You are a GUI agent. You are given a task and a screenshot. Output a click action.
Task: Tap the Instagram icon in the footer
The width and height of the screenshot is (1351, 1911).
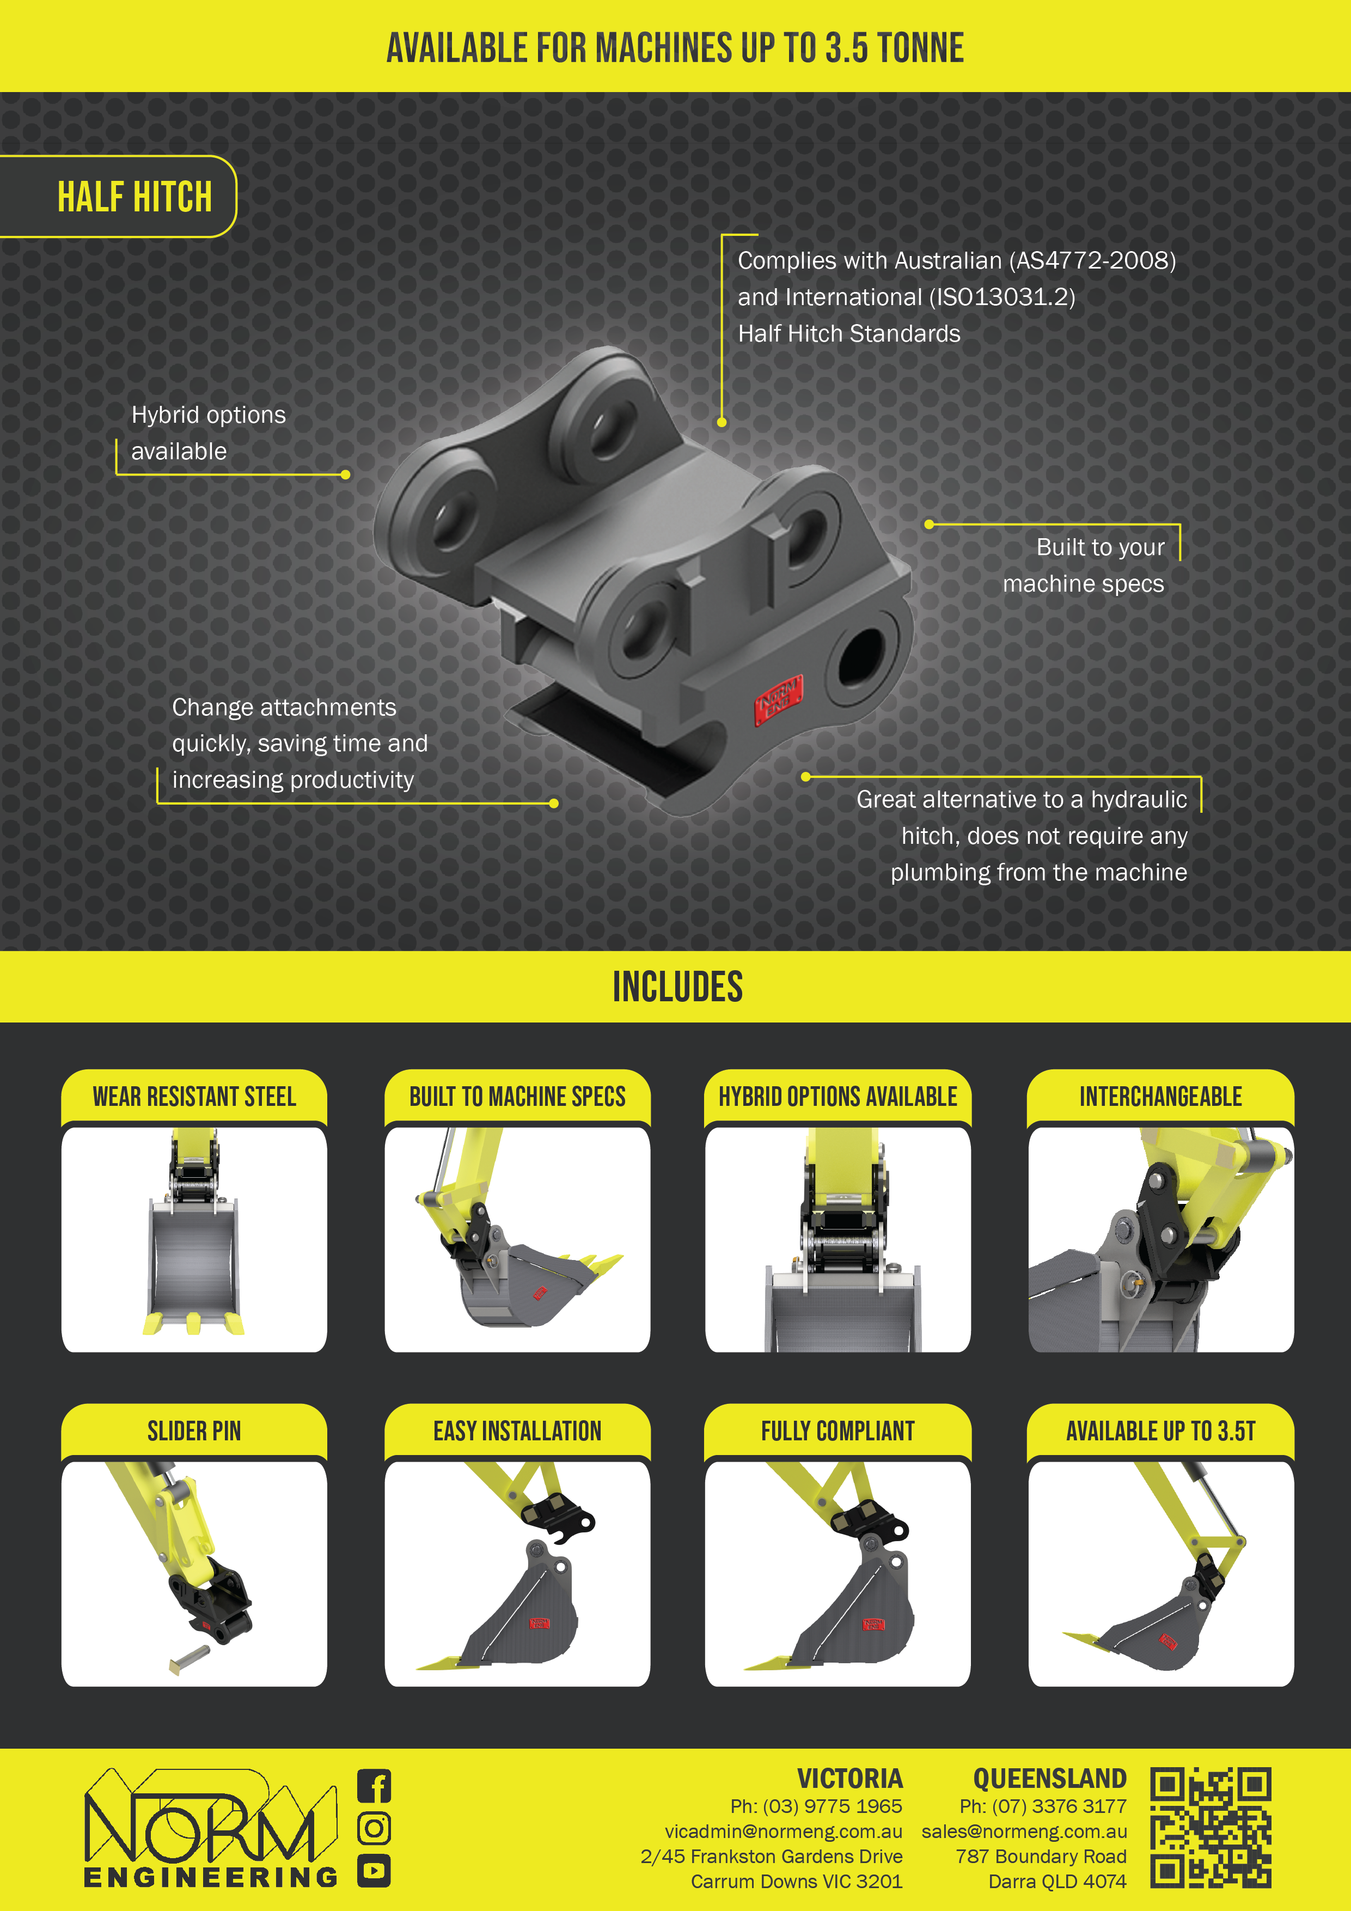(374, 1829)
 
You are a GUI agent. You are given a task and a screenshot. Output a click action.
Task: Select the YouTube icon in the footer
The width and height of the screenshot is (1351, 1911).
(374, 1871)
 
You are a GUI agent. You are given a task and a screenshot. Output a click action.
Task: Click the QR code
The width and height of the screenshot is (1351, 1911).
(1211, 1828)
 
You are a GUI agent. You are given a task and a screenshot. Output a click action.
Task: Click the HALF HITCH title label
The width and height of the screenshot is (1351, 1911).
(135, 197)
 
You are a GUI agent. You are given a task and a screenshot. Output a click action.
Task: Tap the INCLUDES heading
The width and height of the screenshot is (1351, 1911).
(677, 987)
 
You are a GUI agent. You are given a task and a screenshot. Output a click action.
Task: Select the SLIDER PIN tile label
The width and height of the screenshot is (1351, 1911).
(194, 1432)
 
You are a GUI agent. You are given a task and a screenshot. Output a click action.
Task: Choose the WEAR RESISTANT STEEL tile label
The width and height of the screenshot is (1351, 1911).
(194, 1097)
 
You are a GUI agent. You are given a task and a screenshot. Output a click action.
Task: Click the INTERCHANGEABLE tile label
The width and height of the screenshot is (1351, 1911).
(1160, 1097)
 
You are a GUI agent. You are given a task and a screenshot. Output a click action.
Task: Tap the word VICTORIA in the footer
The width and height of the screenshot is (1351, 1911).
(849, 1779)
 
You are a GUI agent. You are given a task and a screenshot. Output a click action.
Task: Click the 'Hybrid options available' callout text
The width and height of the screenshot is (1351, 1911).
(208, 433)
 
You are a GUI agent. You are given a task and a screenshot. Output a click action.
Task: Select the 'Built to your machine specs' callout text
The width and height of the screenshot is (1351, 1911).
(1083, 565)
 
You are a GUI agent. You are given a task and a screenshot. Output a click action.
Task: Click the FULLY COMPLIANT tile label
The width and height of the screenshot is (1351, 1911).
(838, 1432)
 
